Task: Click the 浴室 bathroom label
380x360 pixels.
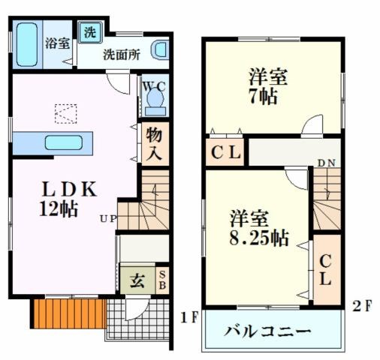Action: [x=57, y=43]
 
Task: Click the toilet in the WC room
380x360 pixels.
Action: [x=155, y=97]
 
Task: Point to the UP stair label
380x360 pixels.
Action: [x=107, y=218]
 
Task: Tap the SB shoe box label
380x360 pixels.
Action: [x=163, y=280]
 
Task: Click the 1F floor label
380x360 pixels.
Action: [x=188, y=316]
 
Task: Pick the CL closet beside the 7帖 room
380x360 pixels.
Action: [x=225, y=154]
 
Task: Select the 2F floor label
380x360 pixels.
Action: [x=363, y=305]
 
